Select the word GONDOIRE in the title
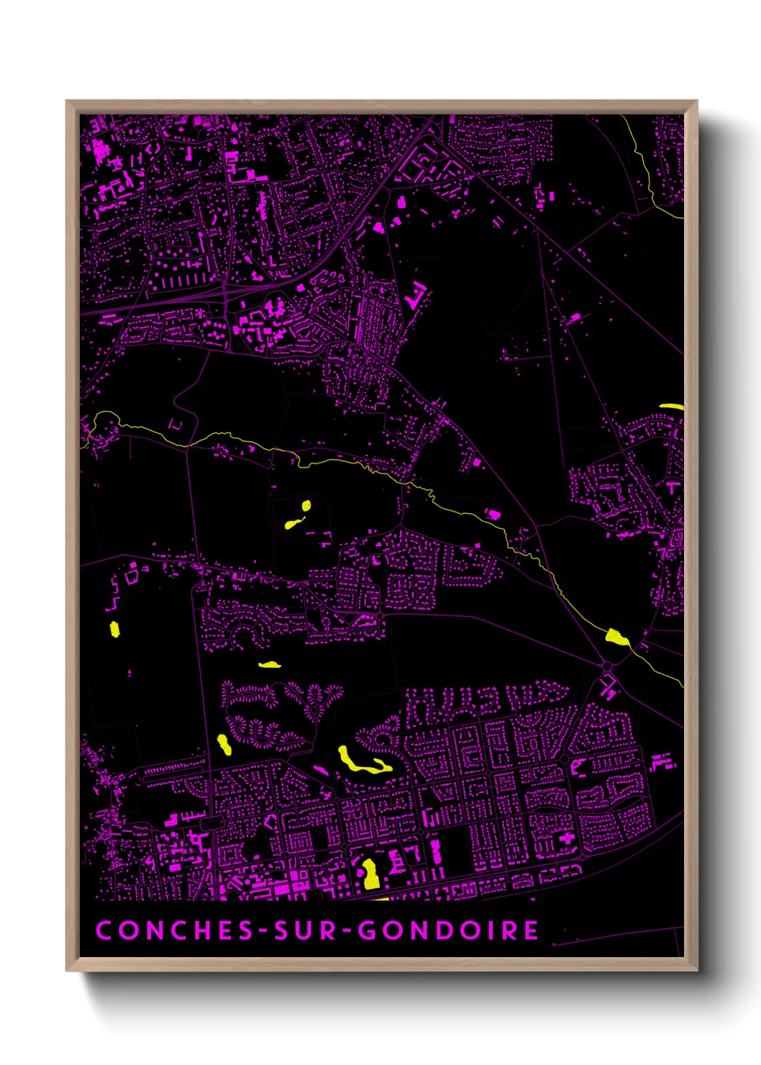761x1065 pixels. point(449,930)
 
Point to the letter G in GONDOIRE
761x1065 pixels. point(368,930)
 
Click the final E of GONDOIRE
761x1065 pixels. point(531,930)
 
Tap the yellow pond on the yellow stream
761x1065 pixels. point(616,637)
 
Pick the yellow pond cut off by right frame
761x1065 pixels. point(672,407)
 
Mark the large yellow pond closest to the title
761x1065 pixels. point(370,874)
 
